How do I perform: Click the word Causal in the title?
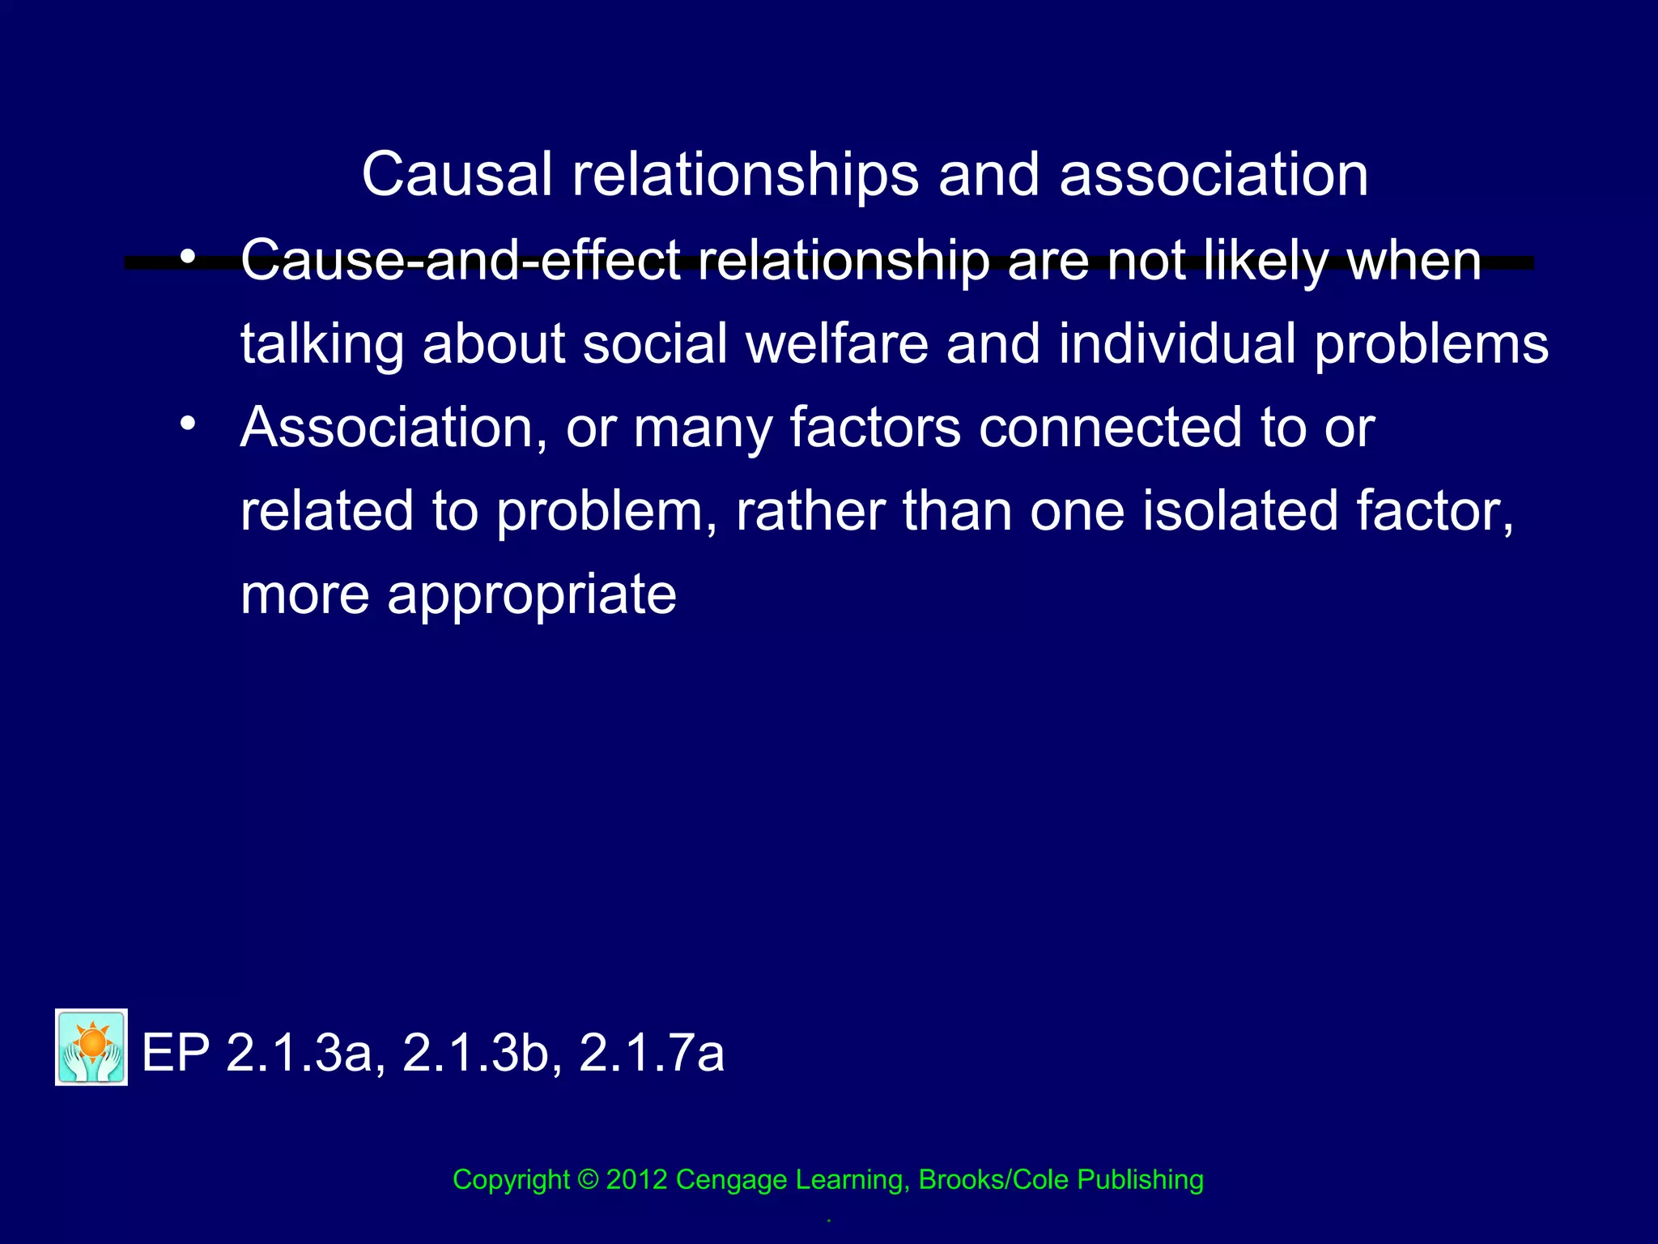click(x=457, y=174)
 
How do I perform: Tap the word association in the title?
click(x=1214, y=174)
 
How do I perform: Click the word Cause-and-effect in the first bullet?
click(x=461, y=261)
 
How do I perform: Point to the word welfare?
click(x=836, y=343)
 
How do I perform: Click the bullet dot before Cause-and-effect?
click(x=188, y=258)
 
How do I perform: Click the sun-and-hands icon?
click(x=91, y=1046)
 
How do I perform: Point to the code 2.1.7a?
click(x=652, y=1054)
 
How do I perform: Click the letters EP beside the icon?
click(x=176, y=1054)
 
